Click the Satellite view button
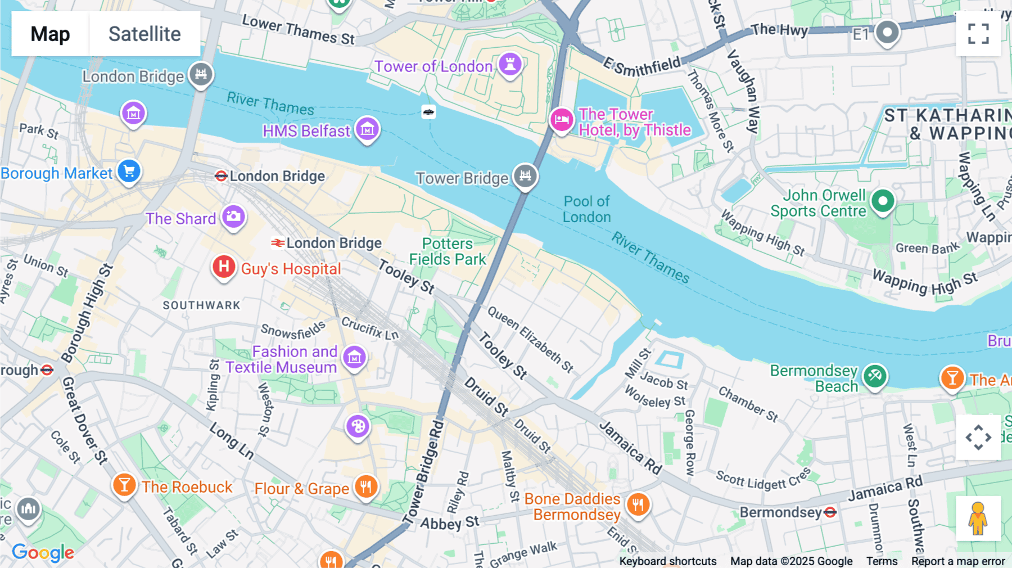(144, 34)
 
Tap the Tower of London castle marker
(510, 64)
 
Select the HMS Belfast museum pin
(367, 129)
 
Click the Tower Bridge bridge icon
(525, 175)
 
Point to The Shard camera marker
(233, 216)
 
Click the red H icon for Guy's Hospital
(224, 266)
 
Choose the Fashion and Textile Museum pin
(354, 357)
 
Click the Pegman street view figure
(978, 519)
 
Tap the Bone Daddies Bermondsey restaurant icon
(638, 504)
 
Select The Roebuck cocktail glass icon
(124, 484)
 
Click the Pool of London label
(586, 209)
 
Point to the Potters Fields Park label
(448, 251)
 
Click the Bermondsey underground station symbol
(830, 512)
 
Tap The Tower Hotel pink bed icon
(561, 119)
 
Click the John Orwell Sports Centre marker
(882, 200)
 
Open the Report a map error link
(958, 561)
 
